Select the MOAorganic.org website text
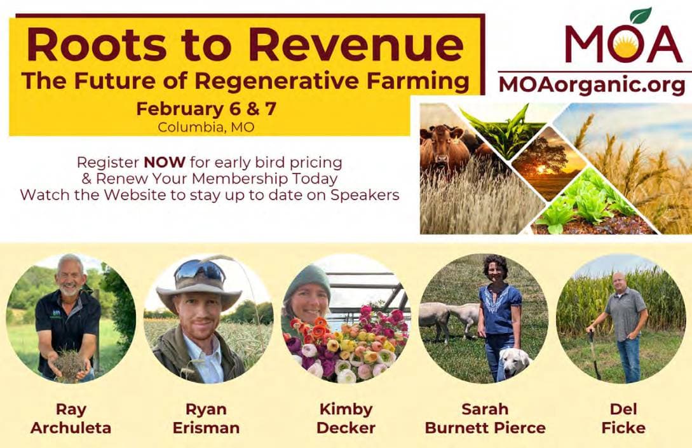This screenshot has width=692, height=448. click(592, 85)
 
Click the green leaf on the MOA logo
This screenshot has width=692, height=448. click(641, 15)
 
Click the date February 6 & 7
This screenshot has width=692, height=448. click(206, 109)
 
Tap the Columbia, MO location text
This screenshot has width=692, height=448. click(206, 126)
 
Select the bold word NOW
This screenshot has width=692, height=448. click(163, 161)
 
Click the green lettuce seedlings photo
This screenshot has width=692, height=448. click(588, 203)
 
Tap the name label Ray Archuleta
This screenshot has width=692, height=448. click(71, 418)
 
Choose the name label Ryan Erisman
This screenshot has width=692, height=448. click(206, 418)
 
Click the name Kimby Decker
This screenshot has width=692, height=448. click(346, 418)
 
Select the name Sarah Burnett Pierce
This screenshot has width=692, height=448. click(485, 418)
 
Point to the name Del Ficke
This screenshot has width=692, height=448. click(623, 418)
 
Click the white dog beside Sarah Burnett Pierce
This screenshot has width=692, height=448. click(514, 363)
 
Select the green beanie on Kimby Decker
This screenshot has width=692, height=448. click(307, 279)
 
